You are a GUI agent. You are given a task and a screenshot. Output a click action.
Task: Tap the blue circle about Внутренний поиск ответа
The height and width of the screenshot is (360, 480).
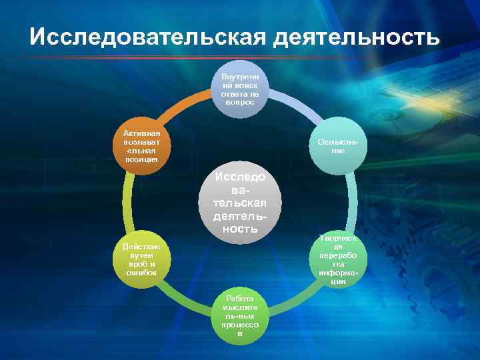tap(240, 89)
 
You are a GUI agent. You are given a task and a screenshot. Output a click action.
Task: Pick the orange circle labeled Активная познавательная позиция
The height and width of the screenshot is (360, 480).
tap(141, 146)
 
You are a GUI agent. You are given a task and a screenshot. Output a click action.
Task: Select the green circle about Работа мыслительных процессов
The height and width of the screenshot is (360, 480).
tap(240, 319)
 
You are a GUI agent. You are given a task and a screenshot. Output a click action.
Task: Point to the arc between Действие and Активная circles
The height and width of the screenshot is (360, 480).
tap(127, 203)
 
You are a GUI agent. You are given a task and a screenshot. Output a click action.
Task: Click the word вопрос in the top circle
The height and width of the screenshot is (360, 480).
tap(240, 103)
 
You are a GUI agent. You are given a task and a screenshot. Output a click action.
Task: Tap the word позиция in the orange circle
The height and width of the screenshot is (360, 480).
tap(141, 159)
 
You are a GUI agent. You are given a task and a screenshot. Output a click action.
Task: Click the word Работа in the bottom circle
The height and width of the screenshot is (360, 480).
tap(240, 298)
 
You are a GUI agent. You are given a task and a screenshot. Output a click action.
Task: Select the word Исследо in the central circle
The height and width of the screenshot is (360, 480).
tap(240, 177)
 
